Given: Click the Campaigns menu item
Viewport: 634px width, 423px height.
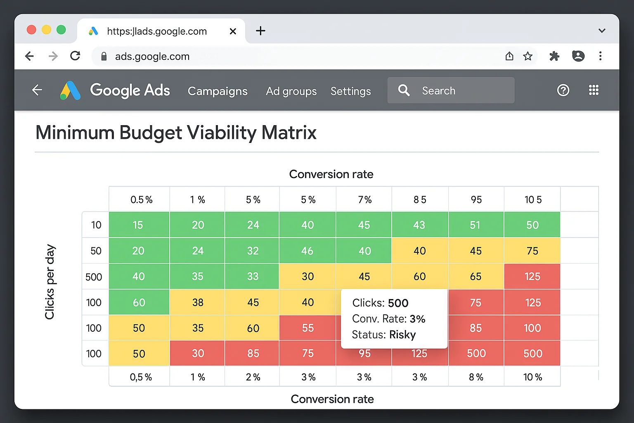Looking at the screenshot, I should click(x=218, y=91).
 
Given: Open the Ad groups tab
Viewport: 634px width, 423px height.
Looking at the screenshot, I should click(x=291, y=91).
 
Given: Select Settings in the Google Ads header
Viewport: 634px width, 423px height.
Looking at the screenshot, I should click(x=350, y=91).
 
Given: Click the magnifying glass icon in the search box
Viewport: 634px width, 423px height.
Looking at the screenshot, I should click(x=404, y=90).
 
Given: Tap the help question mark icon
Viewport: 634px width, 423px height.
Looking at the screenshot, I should click(x=563, y=90).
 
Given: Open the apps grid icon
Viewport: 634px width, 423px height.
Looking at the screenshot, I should click(x=594, y=90).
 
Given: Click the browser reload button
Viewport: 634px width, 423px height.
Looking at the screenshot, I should click(x=75, y=56).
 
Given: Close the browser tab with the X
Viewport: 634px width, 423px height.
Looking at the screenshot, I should click(x=233, y=31).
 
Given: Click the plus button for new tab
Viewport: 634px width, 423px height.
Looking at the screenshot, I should click(x=260, y=31).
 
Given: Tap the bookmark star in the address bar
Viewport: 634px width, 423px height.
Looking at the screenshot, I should click(x=528, y=56).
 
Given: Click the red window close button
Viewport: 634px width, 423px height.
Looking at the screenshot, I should click(x=31, y=30).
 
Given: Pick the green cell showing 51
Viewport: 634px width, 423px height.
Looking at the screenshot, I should click(x=475, y=225).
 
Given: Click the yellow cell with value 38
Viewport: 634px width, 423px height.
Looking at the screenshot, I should click(x=198, y=302).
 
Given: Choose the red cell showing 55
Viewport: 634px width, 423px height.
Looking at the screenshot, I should click(x=308, y=328).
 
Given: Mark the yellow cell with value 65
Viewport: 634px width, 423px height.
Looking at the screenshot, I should click(x=475, y=276).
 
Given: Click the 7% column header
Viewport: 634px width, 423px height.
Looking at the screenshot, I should click(x=364, y=200).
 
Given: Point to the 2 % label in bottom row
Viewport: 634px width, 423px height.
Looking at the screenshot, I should click(x=253, y=377).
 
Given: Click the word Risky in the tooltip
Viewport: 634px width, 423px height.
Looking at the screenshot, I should click(x=402, y=335).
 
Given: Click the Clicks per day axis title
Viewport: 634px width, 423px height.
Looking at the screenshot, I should click(x=50, y=282).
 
